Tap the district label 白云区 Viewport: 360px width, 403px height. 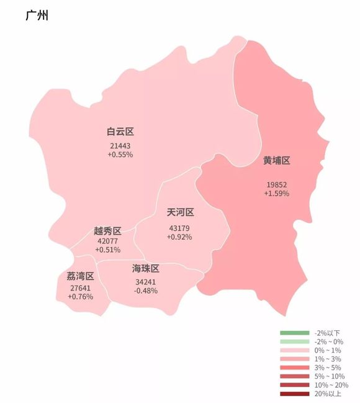click(120, 132)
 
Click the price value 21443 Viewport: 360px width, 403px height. click(120, 145)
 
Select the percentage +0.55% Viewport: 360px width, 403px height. click(120, 154)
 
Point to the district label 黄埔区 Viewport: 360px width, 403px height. click(276, 161)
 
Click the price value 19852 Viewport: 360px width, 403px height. click(277, 185)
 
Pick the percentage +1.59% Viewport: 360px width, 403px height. click(277, 194)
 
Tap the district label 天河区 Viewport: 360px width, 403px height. click(181, 212)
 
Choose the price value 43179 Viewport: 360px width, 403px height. click(179, 229)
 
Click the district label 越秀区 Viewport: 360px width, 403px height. click(107, 231)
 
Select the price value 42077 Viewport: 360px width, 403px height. click(107, 241)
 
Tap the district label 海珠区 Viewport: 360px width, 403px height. click(146, 269)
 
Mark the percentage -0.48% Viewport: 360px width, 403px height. click(146, 291)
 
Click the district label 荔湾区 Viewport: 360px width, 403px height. click(80, 276)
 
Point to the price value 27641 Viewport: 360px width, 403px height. click(80, 288)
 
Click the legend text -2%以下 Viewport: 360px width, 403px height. click(327, 333)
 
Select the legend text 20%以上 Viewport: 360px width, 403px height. click(327, 394)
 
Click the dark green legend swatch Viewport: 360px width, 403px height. click(295, 333)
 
